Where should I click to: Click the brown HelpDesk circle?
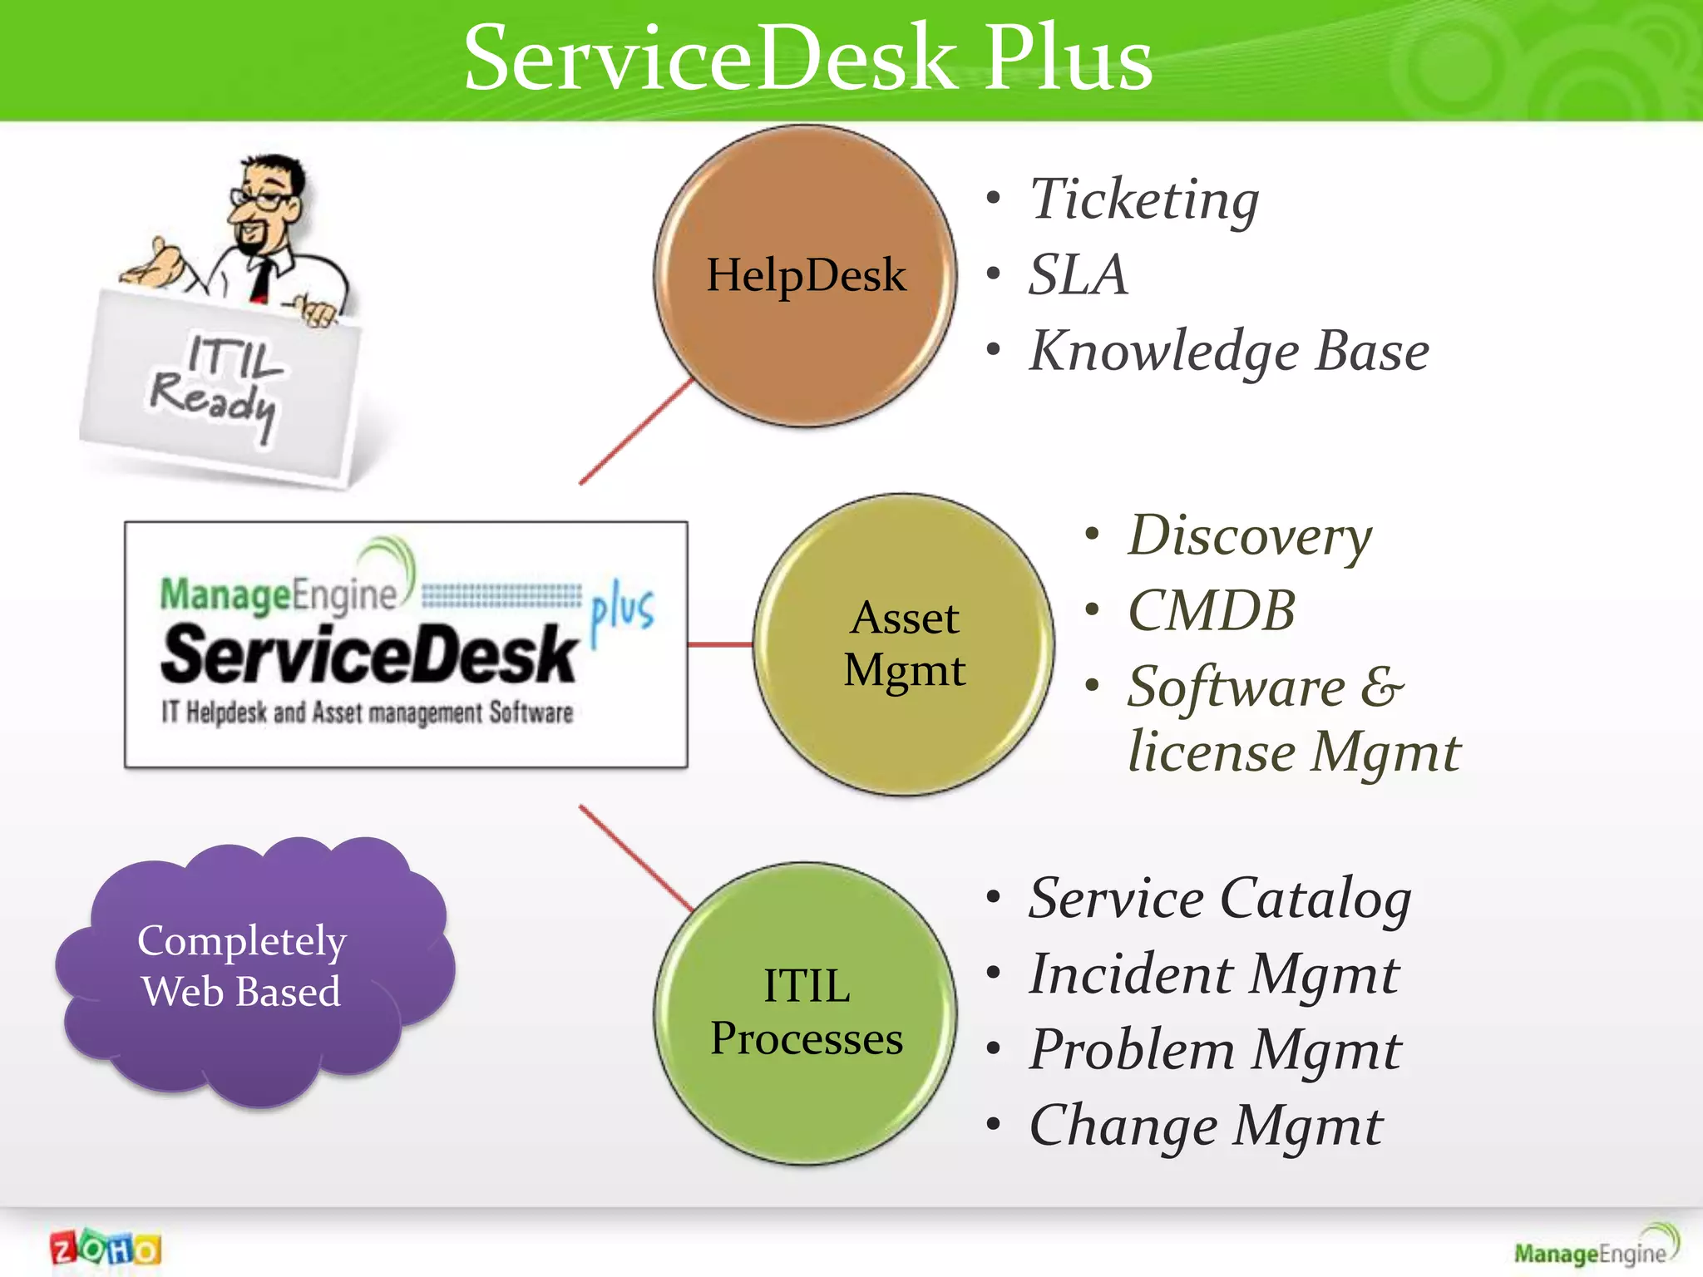point(805,276)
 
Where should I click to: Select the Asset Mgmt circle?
point(904,644)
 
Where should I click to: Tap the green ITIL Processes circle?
point(805,1013)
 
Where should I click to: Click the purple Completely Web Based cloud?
point(249,969)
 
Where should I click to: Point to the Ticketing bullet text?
point(1144,200)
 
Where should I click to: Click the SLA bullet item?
point(1079,275)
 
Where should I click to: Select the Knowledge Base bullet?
point(1229,351)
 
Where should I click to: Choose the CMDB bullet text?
point(1212,611)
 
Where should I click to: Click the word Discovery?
point(1249,535)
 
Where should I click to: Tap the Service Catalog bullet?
point(1220,899)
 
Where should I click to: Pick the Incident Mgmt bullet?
point(1214,974)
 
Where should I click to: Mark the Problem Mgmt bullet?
point(1215,1050)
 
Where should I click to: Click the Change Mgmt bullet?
point(1206,1127)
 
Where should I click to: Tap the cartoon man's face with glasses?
point(266,208)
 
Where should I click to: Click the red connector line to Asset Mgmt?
point(720,644)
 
